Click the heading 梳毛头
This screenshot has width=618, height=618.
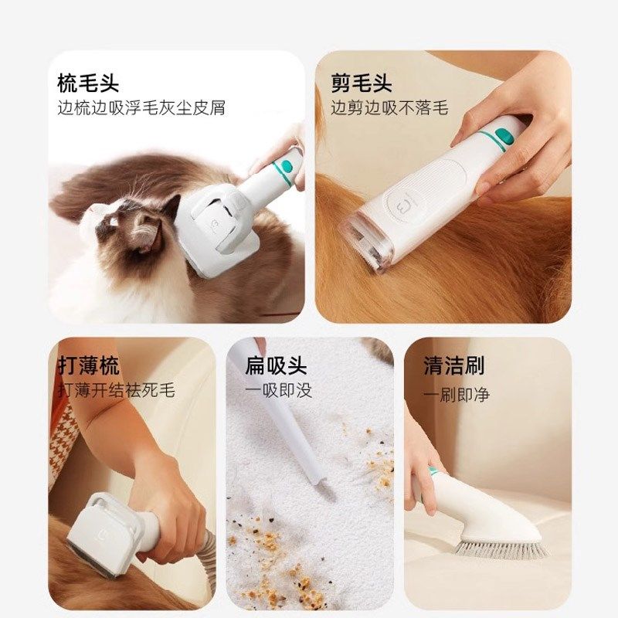[89, 83]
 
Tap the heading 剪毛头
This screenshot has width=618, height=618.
[362, 83]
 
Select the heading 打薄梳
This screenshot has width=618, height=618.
[89, 365]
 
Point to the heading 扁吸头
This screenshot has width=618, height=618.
[276, 365]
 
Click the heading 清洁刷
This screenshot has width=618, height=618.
[454, 365]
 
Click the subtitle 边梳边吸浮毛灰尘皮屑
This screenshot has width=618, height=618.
[141, 108]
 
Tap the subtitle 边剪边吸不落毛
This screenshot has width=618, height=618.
[389, 108]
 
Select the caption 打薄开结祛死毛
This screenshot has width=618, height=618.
[116, 389]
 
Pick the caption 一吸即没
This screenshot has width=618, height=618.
[279, 389]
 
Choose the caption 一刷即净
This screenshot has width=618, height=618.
[457, 394]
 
